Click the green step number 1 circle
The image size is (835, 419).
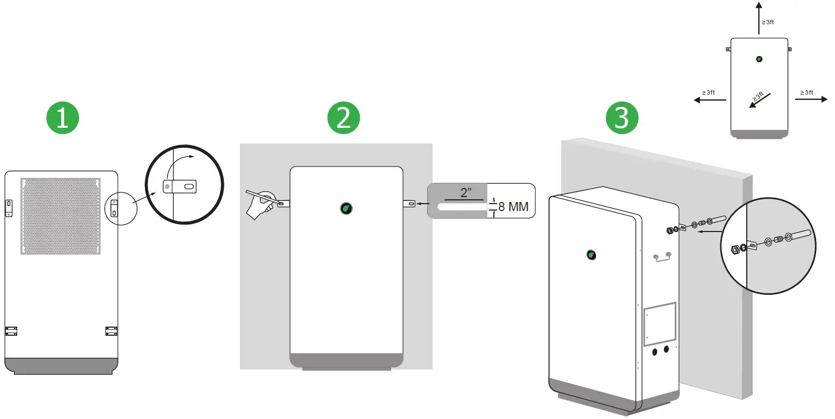tap(62, 118)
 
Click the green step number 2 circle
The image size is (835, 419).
tap(343, 118)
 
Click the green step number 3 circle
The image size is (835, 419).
tap(621, 118)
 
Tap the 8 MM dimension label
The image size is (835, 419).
tap(513, 207)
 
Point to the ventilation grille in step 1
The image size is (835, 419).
tap(61, 216)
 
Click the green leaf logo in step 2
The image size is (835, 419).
tap(346, 208)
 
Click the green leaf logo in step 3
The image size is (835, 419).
tap(591, 255)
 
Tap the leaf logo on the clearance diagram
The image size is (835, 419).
tap(759, 59)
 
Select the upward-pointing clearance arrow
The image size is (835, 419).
tap(759, 18)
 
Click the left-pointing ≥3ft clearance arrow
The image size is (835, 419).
tap(710, 99)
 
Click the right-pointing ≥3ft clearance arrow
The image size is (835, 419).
tap(811, 99)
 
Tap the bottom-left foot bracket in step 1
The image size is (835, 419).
tap(11, 330)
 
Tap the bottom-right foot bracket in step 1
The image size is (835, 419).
tap(111, 330)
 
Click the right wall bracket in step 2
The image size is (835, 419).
tap(409, 204)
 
